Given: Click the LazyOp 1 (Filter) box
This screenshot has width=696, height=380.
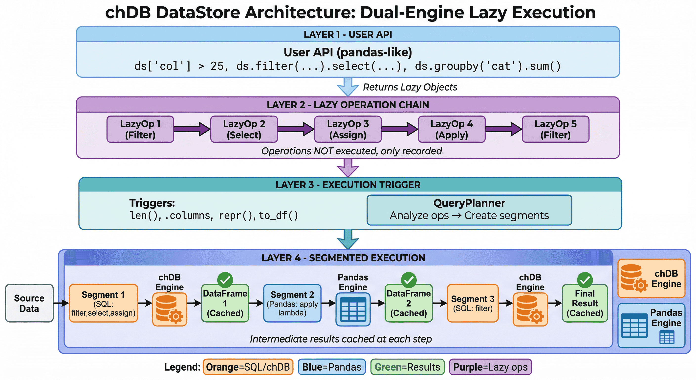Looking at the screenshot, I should click(x=140, y=129).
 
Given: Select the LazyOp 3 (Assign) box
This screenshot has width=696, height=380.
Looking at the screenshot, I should click(x=348, y=129).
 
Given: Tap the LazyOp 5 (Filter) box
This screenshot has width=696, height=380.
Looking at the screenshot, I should click(x=556, y=129).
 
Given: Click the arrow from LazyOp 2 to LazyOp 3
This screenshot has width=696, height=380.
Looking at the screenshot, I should click(x=296, y=129).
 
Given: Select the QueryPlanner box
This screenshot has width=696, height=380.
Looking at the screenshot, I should click(x=469, y=210).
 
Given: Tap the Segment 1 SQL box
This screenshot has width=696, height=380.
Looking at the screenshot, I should click(x=103, y=303).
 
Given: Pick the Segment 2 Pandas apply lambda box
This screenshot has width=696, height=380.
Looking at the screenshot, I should click(x=292, y=303).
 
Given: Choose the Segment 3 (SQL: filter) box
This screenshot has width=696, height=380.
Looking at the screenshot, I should click(x=473, y=303).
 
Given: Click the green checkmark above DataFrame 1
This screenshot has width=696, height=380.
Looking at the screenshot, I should click(x=225, y=280).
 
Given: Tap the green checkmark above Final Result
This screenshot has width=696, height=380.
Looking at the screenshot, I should click(x=585, y=280).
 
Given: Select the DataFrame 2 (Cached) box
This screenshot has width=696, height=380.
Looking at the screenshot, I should click(x=409, y=303).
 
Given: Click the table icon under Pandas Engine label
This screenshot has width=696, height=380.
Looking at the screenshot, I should click(x=353, y=309).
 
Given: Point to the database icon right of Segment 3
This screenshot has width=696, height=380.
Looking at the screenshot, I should click(x=530, y=309).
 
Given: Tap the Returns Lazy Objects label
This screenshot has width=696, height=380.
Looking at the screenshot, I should click(x=410, y=87).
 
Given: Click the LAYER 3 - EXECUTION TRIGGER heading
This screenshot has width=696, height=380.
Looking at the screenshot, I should click(x=348, y=185).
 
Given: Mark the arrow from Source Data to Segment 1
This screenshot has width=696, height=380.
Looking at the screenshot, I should click(x=61, y=303).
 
